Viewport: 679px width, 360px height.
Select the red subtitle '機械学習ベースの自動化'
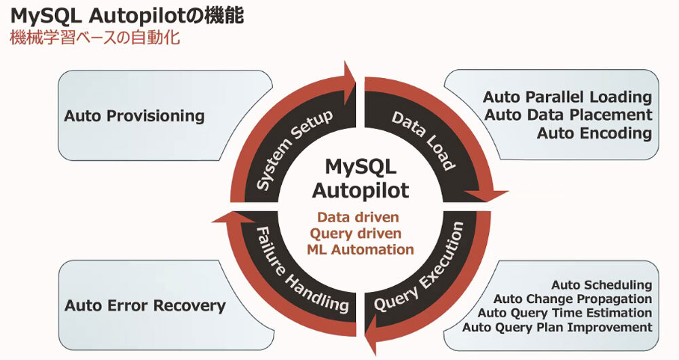(95, 37)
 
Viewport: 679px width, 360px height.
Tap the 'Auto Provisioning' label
(134, 116)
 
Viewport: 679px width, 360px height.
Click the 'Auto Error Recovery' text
(145, 306)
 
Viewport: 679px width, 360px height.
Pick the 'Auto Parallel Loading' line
(568, 98)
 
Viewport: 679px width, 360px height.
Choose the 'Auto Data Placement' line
(568, 115)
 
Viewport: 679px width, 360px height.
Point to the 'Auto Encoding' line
(594, 133)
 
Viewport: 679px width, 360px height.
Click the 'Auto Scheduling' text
(602, 285)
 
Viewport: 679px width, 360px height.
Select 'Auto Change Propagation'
(573, 299)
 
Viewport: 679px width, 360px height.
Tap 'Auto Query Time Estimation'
(565, 313)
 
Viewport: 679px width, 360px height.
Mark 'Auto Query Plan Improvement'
(557, 327)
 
